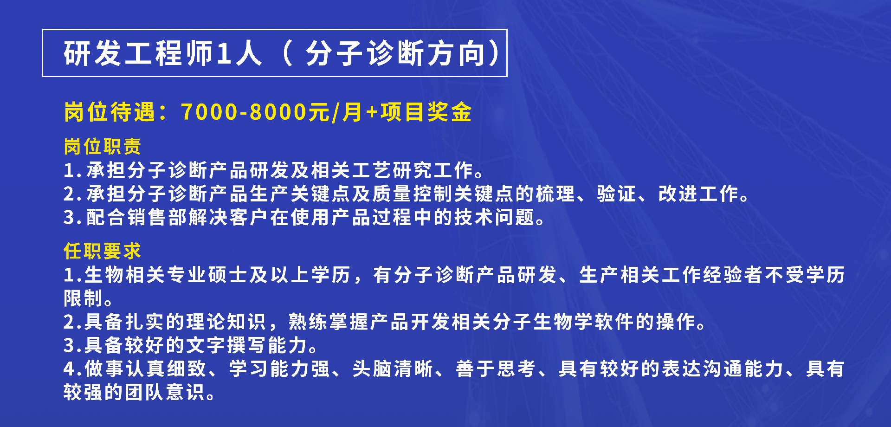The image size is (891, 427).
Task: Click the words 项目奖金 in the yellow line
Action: click(426, 112)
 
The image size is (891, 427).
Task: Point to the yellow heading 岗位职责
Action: click(103, 146)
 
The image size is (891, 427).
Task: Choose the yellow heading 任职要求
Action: click(103, 251)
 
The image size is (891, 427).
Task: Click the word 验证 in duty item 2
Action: click(617, 194)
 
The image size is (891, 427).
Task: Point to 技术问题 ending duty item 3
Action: click(495, 217)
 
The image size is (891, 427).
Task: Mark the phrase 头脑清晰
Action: click(393, 369)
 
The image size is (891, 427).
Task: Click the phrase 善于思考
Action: click(496, 369)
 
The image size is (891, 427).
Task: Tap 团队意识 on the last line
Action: click(165, 392)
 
